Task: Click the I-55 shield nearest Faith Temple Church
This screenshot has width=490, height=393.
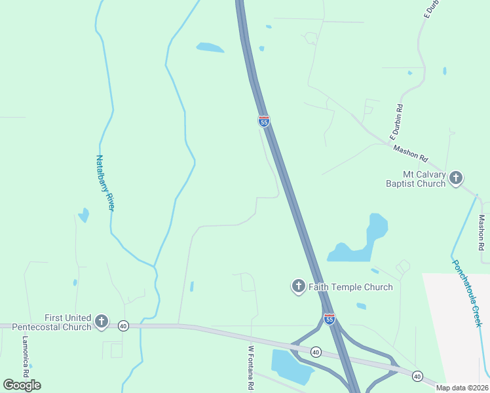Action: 330,319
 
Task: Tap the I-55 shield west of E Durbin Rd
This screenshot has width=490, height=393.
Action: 263,121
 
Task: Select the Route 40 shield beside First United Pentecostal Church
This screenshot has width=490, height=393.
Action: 122,325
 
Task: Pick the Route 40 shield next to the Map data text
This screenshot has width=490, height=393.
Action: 417,375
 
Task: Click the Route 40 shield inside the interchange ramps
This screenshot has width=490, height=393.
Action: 316,352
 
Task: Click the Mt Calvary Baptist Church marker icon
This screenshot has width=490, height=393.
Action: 456,178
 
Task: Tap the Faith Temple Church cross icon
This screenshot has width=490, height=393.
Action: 298,286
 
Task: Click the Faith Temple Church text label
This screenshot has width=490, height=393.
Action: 350,287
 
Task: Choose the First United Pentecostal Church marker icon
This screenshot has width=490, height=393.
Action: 101,321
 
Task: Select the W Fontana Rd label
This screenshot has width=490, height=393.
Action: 250,369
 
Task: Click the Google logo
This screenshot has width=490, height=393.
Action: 22,384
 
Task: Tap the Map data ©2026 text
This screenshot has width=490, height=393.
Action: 462,388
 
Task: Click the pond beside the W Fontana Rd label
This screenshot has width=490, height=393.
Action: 290,365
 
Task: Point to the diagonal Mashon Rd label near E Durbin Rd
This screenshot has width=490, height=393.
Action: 410,154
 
